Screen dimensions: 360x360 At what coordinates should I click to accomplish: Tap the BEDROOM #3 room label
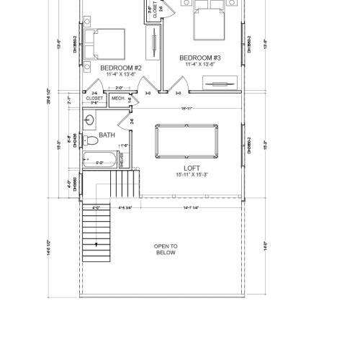(199, 57)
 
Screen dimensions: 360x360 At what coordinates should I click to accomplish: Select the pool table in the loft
(186, 141)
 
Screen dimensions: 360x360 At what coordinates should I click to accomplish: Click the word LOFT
(192, 167)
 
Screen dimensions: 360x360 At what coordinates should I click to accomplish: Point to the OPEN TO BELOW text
(166, 249)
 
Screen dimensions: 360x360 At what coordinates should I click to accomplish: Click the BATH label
(107, 135)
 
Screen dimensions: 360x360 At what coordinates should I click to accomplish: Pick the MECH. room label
(118, 99)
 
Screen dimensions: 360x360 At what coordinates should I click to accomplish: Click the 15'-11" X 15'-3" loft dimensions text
(192, 174)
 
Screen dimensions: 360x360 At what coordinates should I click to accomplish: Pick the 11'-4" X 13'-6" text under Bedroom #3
(199, 64)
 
